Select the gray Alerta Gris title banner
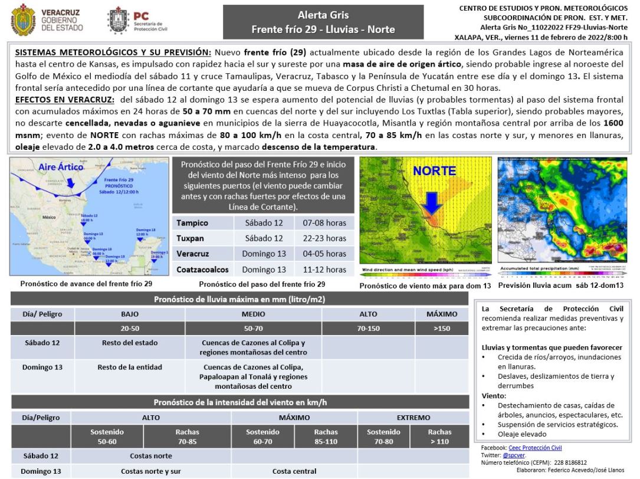click(323, 22)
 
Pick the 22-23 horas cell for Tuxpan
click(324, 238)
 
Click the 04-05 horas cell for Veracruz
click(324, 254)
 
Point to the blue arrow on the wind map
click(432, 204)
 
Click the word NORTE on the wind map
click(434, 172)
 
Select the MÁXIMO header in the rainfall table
click(442, 314)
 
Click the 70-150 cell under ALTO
click(368, 328)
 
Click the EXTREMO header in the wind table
click(413, 417)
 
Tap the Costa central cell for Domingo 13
click(294, 471)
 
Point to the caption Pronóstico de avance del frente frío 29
click(86, 283)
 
